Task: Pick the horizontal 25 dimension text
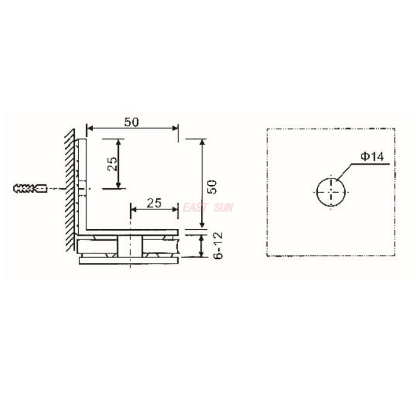154,203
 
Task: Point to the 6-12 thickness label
218,245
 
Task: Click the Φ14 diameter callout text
373,157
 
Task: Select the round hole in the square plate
331,191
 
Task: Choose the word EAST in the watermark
195,208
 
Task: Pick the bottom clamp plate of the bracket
129,260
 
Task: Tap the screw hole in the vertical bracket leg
82,189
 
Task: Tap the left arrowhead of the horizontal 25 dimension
132,210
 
